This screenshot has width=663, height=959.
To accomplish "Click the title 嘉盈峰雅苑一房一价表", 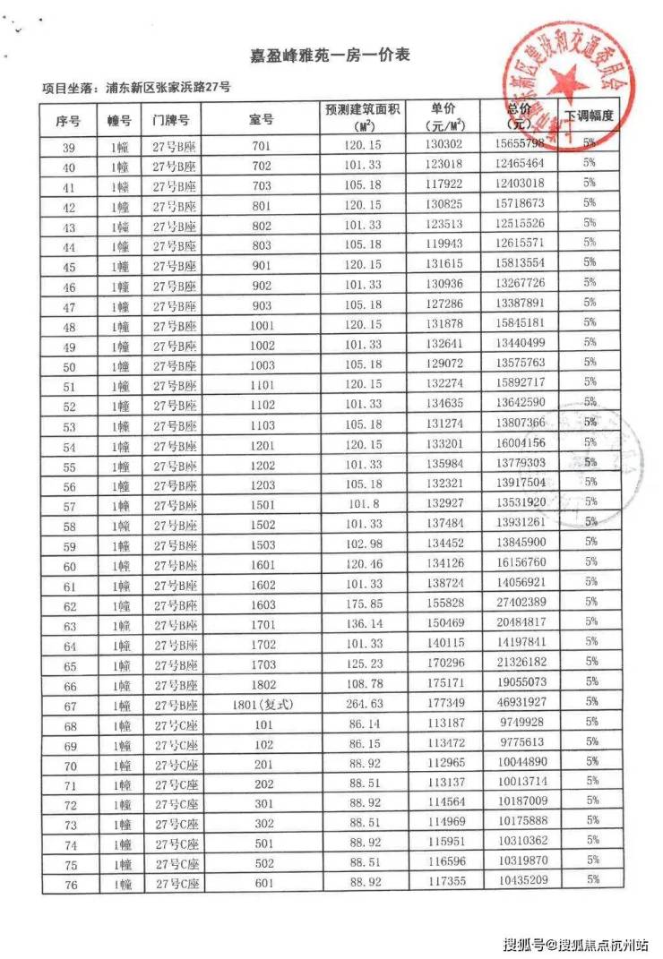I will tap(330, 56).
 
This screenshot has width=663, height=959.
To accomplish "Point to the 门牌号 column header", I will tap(170, 119).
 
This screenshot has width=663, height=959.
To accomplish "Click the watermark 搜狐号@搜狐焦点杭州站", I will tap(575, 944).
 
